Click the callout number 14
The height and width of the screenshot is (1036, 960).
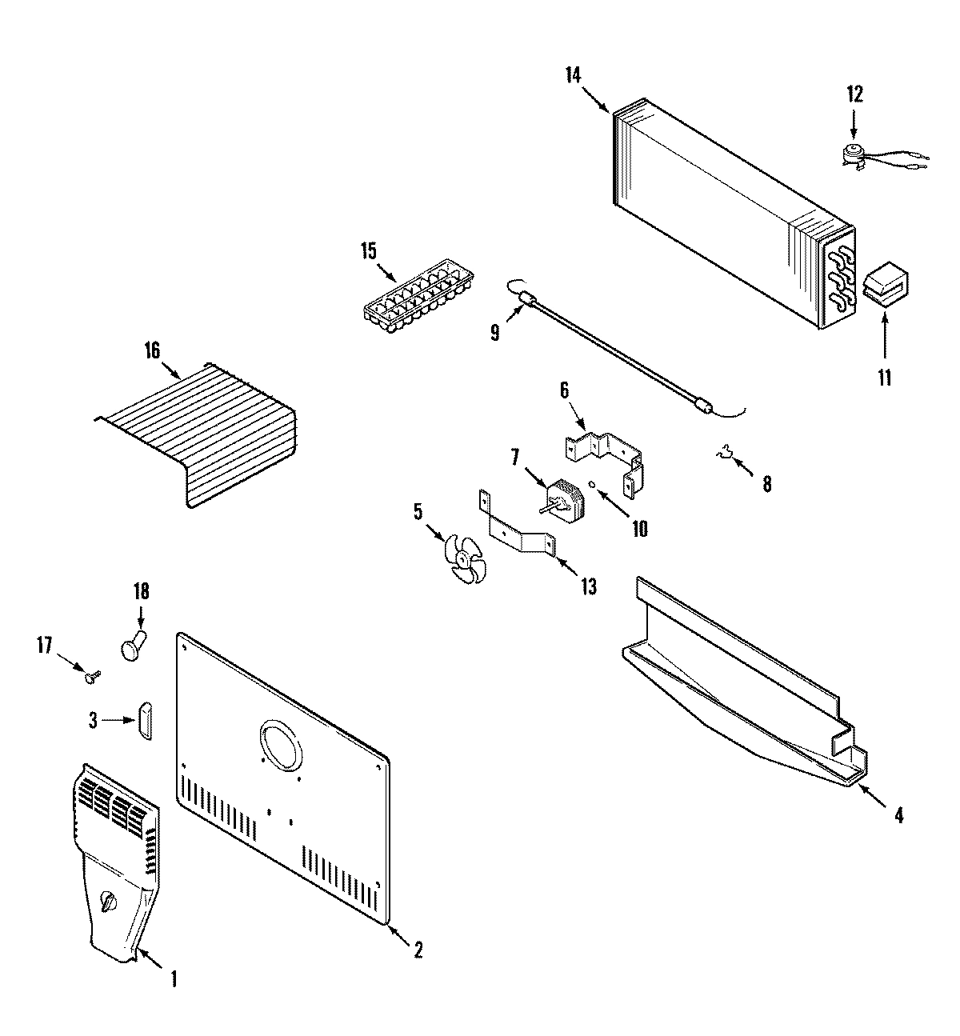click(x=573, y=75)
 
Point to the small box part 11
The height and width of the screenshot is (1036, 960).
click(x=885, y=286)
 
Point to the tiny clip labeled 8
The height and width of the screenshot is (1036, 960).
click(x=725, y=457)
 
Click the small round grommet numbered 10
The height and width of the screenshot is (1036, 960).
click(x=591, y=484)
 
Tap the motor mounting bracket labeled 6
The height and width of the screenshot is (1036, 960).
click(x=606, y=457)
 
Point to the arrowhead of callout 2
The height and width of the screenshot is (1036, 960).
click(x=389, y=926)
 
